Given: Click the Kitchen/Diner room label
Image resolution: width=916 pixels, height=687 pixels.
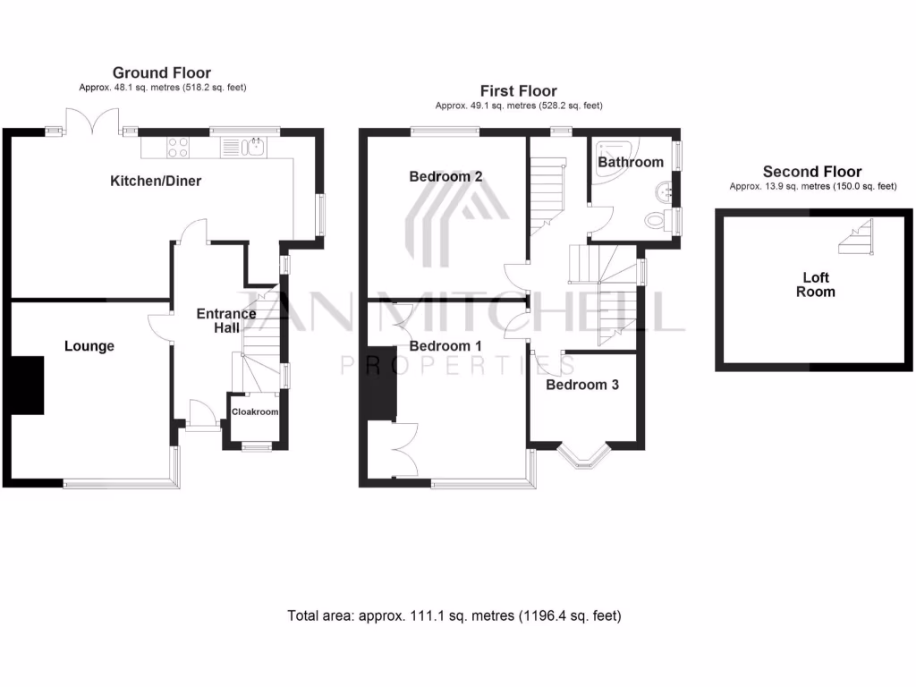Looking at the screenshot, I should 156,181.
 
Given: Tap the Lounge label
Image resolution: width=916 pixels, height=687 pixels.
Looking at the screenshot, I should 89,345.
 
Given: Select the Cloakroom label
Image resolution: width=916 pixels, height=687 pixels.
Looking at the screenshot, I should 256,412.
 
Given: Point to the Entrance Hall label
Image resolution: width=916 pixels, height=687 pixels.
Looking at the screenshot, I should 226,320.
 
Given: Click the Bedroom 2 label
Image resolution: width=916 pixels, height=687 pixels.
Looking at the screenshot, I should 445,176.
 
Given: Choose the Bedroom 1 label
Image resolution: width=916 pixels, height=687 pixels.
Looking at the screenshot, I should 445,345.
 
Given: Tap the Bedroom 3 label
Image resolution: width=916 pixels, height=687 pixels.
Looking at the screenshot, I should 582,385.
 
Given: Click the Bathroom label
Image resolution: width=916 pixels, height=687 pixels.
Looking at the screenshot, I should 631,162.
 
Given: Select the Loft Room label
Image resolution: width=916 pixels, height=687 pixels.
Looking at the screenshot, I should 816,284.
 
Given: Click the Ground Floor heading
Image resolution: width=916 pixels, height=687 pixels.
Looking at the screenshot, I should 162,72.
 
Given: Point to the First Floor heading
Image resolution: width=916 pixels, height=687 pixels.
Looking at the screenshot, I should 518,90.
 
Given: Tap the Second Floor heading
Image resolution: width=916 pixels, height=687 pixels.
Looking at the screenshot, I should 812,171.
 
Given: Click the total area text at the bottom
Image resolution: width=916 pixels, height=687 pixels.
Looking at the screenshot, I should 454,615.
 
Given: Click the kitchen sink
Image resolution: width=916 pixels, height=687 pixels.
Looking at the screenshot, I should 256,147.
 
